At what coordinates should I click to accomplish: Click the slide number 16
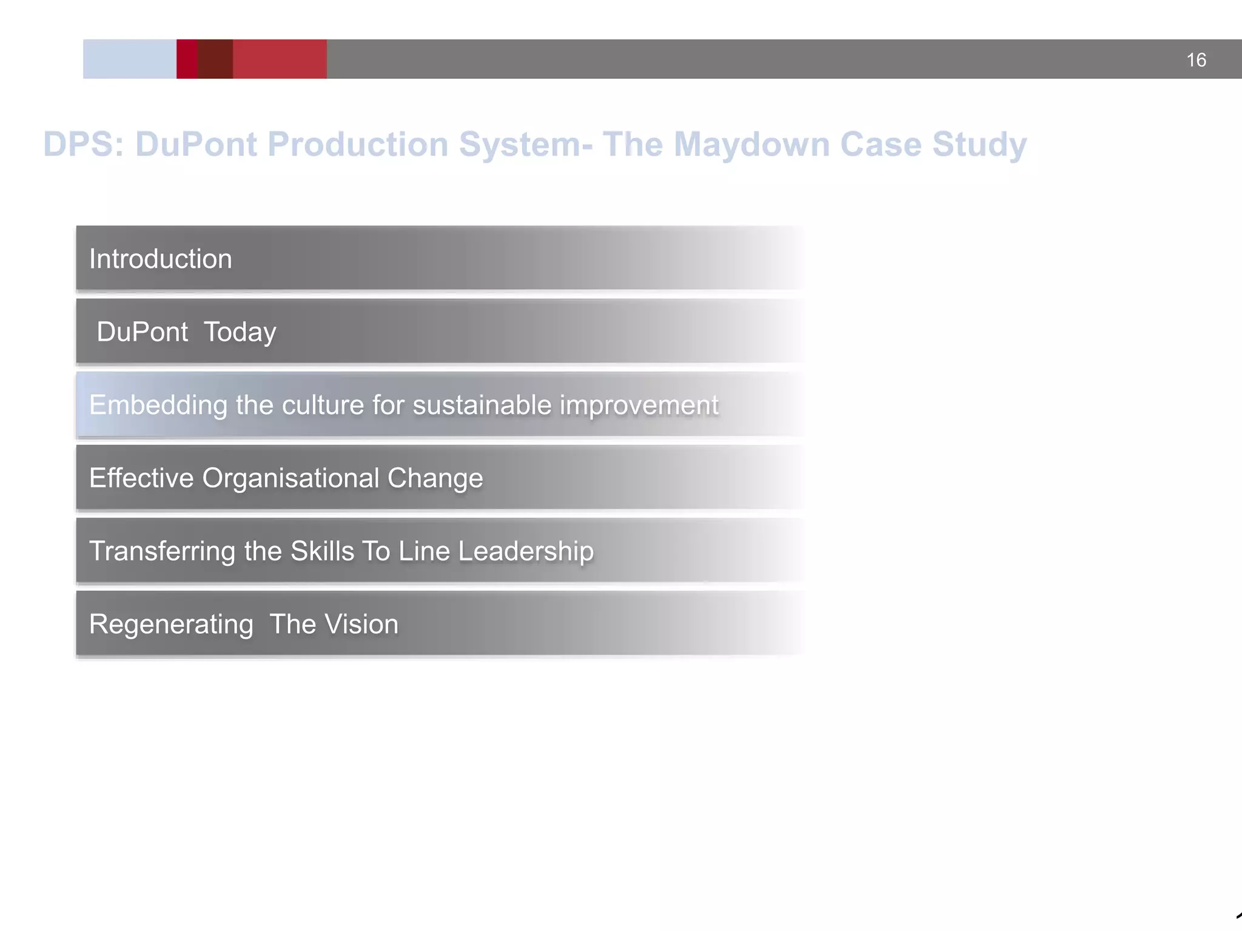[x=1196, y=60]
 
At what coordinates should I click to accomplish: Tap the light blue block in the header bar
[x=129, y=59]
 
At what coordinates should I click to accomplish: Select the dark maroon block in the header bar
[x=215, y=59]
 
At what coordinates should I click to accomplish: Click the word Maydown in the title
[x=751, y=144]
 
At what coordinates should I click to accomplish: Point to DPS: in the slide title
[x=84, y=144]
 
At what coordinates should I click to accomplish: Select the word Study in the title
[x=979, y=144]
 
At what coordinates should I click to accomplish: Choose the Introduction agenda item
[x=161, y=259]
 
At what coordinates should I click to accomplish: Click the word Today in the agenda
[x=240, y=332]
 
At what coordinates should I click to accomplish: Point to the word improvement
[x=639, y=405]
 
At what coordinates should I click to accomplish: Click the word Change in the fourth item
[x=435, y=478]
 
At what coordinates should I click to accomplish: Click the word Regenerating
[x=171, y=624]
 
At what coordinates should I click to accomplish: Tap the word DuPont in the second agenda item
[x=142, y=332]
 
